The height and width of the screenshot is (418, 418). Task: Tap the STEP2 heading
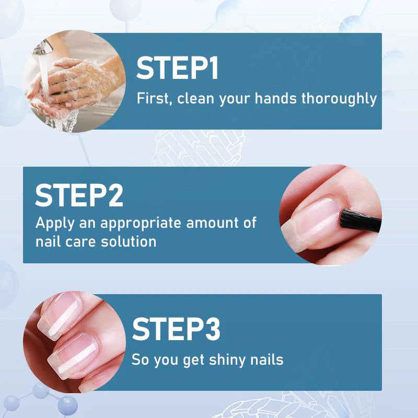click(79, 195)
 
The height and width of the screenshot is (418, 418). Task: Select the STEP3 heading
click(176, 329)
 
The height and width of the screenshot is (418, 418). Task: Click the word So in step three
click(139, 359)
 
